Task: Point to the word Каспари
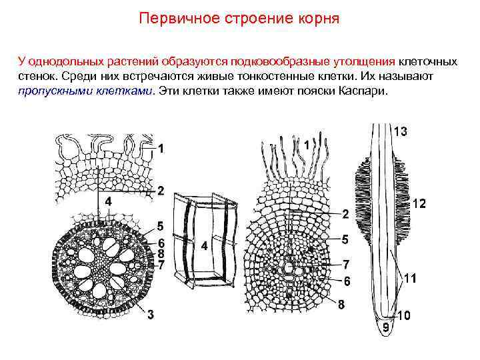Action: (365, 91)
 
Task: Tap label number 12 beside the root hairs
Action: (419, 203)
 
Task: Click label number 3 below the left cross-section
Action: (151, 315)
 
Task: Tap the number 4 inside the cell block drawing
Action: (204, 246)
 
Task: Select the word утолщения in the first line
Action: (371, 61)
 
